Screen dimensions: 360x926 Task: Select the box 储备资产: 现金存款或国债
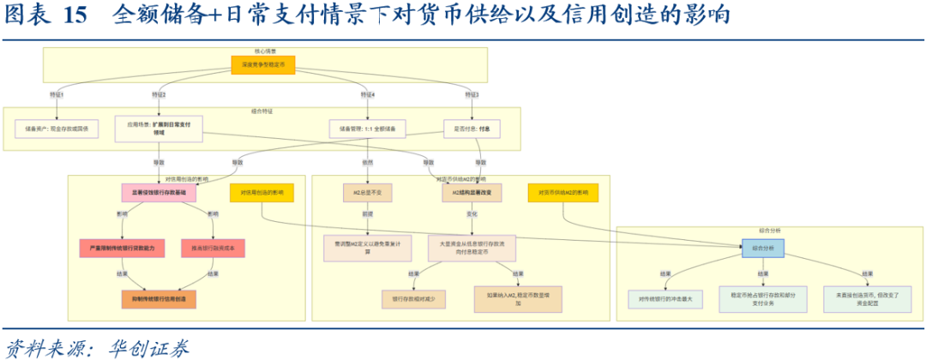click(x=57, y=129)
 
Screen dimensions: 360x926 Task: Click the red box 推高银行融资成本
click(x=213, y=248)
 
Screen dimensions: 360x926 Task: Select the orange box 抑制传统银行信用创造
click(x=159, y=298)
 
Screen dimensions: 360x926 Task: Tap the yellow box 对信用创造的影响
click(x=262, y=194)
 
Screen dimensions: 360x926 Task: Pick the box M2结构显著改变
click(x=472, y=194)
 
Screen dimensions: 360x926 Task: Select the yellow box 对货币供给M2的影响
click(x=563, y=194)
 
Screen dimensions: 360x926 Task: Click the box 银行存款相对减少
click(x=414, y=298)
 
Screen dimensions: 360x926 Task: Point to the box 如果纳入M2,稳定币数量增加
click(x=517, y=298)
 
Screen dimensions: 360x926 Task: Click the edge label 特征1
click(x=57, y=93)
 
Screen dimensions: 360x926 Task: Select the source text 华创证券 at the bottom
click(x=145, y=347)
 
